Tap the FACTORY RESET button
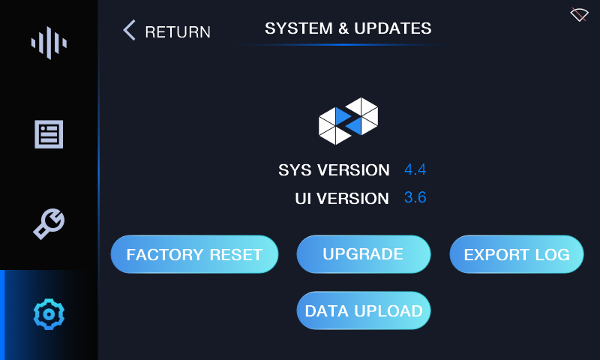[x=194, y=254]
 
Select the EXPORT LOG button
[x=517, y=254]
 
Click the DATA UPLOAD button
[x=364, y=310]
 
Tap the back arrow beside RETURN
[x=129, y=30]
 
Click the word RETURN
[x=178, y=32]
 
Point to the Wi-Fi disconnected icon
[x=579, y=14]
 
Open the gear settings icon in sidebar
[x=49, y=314]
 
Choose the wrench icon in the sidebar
[x=49, y=223]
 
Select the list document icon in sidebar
[x=49, y=134]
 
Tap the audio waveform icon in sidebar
[x=49, y=43]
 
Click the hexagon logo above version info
[x=348, y=121]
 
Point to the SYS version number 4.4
[x=415, y=169]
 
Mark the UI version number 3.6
[x=415, y=197]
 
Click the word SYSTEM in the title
[x=298, y=28]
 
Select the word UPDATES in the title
[x=392, y=28]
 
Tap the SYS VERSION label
[x=334, y=169]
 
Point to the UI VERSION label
[x=342, y=199]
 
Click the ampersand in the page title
[x=343, y=28]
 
